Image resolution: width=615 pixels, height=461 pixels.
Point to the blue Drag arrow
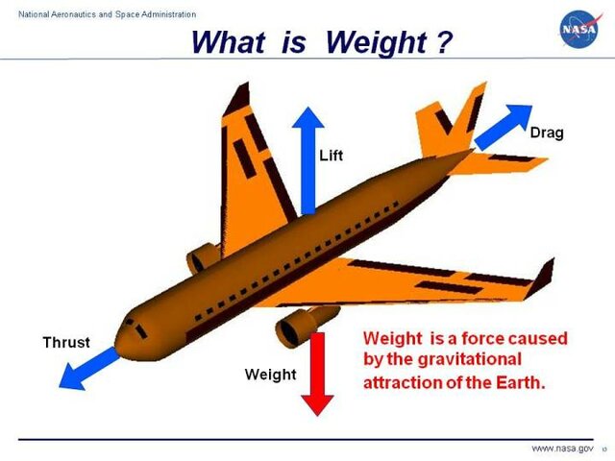tap(504, 126)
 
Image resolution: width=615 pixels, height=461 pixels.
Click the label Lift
tap(331, 154)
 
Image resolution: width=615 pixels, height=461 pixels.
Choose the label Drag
tap(546, 132)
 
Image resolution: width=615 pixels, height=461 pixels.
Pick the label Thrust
tap(66, 342)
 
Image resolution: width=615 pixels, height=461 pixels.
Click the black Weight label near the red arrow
tap(271, 374)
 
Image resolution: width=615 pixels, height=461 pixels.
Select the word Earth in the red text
tap(521, 381)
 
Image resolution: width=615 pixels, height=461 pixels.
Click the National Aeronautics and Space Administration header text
tap(101, 14)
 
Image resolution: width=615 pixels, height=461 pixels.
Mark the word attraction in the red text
tap(403, 381)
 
